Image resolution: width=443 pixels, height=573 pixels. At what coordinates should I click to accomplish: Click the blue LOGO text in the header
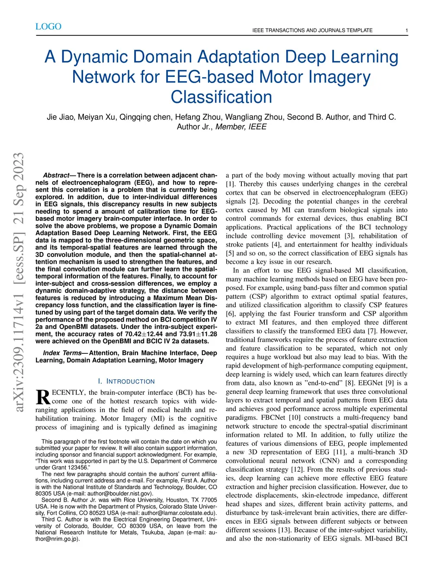pos(48,26)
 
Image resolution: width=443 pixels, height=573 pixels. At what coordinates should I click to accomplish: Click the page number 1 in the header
pos(407,30)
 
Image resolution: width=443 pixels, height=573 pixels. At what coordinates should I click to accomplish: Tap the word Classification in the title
pos(221,97)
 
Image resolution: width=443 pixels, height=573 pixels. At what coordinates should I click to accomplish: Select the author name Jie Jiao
pos(60,117)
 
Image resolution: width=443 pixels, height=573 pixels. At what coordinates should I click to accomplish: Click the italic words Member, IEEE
pos(241,127)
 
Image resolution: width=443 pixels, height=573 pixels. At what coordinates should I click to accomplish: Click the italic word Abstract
pos(56,175)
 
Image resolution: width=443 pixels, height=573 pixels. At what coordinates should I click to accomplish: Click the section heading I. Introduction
pos(126,381)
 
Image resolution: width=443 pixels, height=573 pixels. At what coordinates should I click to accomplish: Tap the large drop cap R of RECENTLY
pos(43,397)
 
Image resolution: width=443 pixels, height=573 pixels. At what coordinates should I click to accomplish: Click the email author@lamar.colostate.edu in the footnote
pos(178,513)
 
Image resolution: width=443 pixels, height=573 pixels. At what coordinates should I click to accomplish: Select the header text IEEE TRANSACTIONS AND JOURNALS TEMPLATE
pos(312,30)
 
